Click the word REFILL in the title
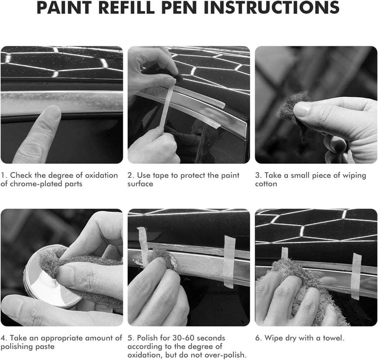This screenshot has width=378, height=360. (126, 7)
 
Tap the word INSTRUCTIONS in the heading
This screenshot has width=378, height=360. (272, 7)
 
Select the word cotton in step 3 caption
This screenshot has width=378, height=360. (266, 184)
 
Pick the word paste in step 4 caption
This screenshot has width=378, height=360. (44, 347)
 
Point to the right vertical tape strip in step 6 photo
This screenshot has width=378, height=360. (356, 276)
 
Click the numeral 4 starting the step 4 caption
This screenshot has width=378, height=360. (3, 338)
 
